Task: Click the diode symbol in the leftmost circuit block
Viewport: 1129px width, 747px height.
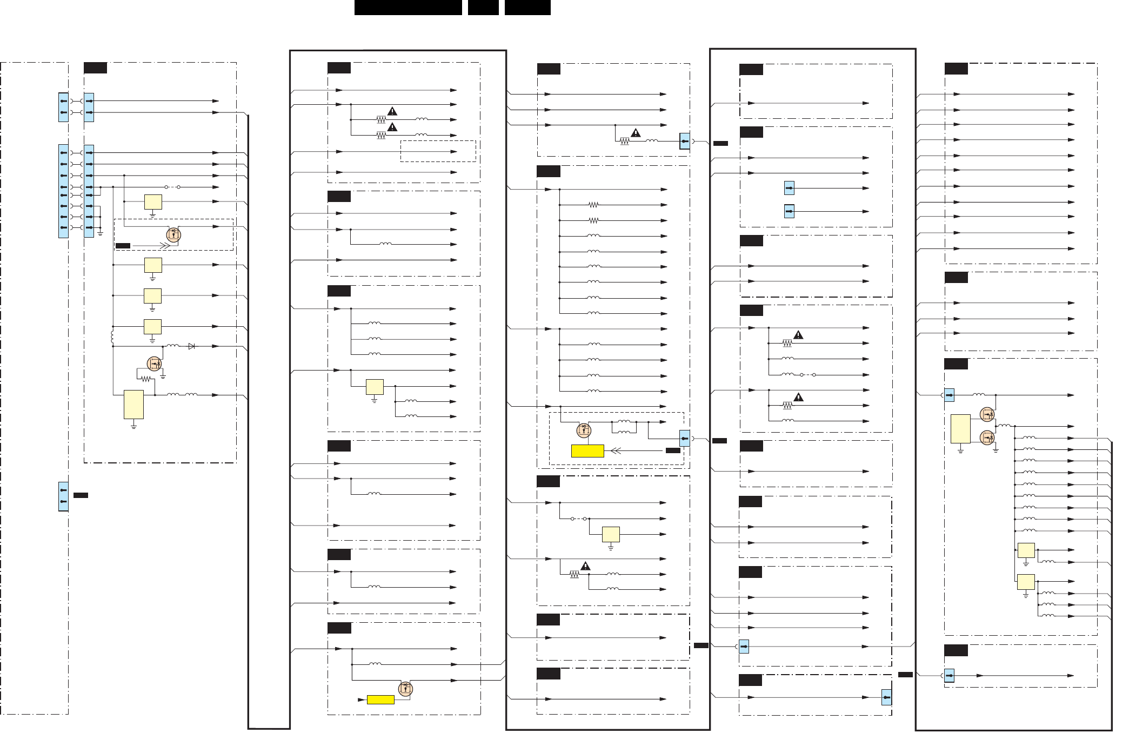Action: point(191,346)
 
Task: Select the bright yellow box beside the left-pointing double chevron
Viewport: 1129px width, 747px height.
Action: point(587,451)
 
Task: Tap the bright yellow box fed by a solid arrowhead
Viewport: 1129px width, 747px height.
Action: point(380,699)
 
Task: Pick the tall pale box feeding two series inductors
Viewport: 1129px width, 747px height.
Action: point(133,405)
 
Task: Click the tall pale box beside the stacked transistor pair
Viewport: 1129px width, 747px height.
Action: point(960,429)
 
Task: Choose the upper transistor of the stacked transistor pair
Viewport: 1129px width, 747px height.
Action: point(987,414)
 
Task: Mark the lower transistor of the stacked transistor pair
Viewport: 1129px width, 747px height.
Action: point(987,437)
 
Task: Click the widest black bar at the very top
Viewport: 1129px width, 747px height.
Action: point(408,8)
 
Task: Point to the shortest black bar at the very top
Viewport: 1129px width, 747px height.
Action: point(483,8)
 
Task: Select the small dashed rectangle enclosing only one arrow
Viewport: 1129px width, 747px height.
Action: point(438,151)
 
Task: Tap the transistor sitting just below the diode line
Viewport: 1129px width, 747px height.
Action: point(155,364)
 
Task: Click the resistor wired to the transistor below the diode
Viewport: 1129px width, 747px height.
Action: point(145,379)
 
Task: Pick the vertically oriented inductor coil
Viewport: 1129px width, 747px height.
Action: point(112,337)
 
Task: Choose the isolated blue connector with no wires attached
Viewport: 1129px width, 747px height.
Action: point(63,496)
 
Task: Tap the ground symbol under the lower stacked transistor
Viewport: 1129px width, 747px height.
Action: point(996,449)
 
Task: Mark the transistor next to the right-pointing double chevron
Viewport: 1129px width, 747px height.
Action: point(173,234)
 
